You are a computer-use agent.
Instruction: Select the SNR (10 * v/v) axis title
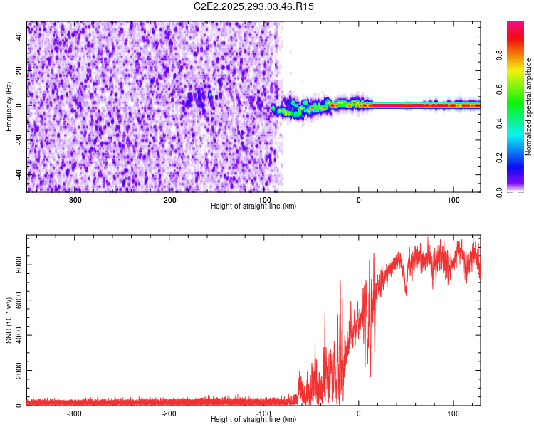coord(9,320)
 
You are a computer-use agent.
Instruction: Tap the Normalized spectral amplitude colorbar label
coord(529,107)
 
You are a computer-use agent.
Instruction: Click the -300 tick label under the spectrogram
coord(74,200)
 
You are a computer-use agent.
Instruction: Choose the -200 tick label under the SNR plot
coord(169,413)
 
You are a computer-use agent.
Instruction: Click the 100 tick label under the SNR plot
coord(454,413)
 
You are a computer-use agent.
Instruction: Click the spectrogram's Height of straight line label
coord(254,206)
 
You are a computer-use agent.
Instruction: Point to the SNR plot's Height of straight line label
coord(254,420)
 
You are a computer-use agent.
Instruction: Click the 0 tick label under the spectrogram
coord(359,200)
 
